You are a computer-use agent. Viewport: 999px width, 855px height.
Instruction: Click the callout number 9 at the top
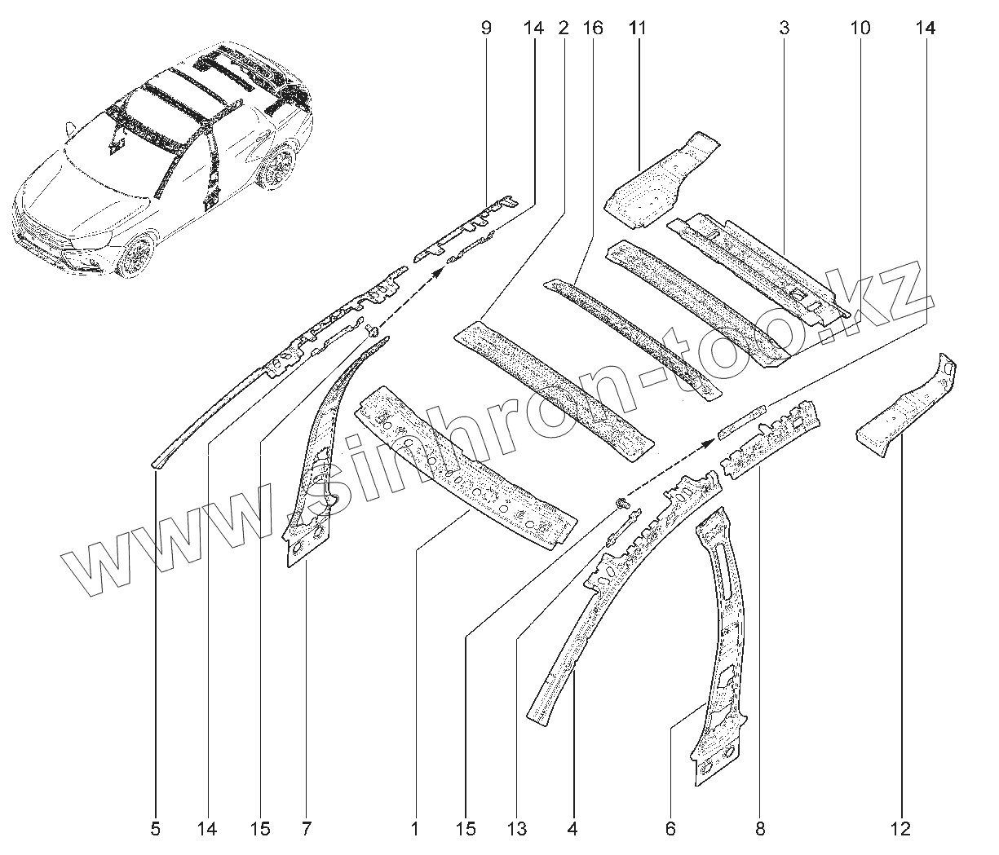point(487,29)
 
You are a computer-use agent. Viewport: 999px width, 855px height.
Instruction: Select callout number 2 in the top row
point(563,29)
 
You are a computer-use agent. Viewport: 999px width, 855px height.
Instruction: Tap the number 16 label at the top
point(593,29)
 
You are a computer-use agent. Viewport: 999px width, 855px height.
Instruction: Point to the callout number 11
point(638,29)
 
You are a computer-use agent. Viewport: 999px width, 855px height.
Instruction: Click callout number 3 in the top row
point(784,29)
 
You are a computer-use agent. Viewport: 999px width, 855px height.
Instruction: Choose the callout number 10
point(860,29)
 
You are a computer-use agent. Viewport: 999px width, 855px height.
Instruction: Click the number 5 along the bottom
point(155,830)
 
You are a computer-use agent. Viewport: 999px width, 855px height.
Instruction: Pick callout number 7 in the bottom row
point(306,830)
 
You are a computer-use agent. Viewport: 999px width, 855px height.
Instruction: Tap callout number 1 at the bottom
point(414,830)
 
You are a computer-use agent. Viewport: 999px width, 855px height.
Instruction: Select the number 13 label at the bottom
point(517,830)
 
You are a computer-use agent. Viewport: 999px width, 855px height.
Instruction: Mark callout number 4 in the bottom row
point(572,830)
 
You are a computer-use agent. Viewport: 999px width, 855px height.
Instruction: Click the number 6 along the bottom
point(670,830)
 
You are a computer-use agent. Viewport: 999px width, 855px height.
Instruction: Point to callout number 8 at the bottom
point(760,830)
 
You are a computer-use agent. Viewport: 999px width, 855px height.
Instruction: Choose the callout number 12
point(901,830)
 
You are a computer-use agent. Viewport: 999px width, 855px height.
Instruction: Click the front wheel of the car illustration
point(135,253)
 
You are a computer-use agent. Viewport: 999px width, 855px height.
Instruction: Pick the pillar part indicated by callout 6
point(722,644)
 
